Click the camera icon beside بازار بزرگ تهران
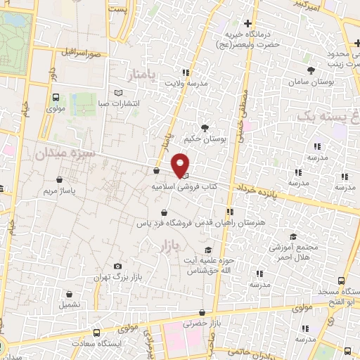tap(117, 266)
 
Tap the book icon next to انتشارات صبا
tap(117, 93)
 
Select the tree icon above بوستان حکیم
tap(205, 128)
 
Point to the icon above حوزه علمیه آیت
tap(207, 250)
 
